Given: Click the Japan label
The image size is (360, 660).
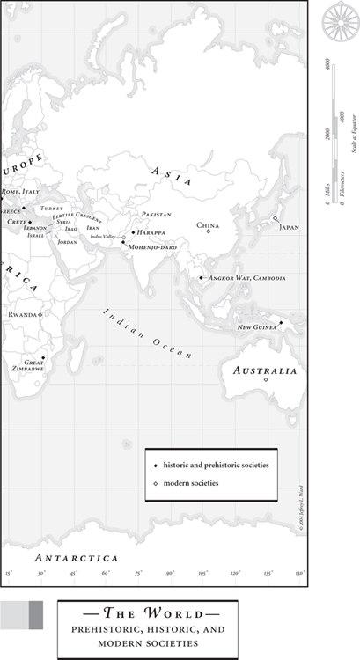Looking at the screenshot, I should click(289, 227).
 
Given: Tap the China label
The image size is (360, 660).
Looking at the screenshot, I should click(208, 225).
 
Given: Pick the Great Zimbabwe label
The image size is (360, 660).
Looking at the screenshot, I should click(34, 365).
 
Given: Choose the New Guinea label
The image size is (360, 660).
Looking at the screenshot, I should click(257, 327).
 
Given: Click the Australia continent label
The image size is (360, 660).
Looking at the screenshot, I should click(265, 372).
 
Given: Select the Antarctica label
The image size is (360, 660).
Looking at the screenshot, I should click(76, 558).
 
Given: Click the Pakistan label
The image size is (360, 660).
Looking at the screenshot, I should click(156, 215).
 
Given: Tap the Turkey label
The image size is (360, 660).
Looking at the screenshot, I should click(52, 209).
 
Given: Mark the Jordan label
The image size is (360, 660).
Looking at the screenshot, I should click(68, 241).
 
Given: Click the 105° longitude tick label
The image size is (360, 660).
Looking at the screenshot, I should click(202, 574).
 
